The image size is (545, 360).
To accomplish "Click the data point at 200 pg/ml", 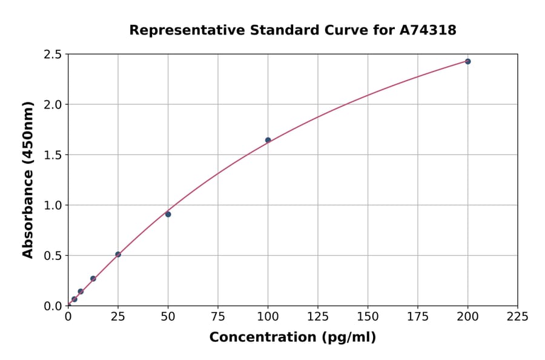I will click(x=467, y=61).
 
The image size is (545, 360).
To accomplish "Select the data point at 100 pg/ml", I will click(x=268, y=140).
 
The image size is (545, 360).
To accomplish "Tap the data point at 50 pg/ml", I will click(x=168, y=214).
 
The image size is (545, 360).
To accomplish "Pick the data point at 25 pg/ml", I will click(x=118, y=255).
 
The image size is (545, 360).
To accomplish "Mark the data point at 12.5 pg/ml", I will click(x=93, y=279).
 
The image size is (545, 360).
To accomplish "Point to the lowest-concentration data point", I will click(x=74, y=299).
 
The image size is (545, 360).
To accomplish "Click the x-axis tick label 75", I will click(x=218, y=316).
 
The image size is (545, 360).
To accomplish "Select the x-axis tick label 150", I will click(x=368, y=316).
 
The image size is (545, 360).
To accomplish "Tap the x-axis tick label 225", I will click(x=517, y=316).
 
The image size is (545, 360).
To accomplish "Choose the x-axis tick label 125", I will click(x=318, y=316).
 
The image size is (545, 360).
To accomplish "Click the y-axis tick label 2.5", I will click(x=53, y=55).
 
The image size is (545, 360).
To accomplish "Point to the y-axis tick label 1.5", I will click(x=53, y=155).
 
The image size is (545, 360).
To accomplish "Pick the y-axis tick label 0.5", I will click(x=53, y=256).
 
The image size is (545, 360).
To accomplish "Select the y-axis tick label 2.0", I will click(x=53, y=105).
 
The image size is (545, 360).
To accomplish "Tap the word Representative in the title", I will click(x=180, y=30).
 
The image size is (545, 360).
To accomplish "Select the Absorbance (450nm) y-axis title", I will click(x=28, y=180).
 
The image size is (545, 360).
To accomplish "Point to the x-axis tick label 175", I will click(x=417, y=316).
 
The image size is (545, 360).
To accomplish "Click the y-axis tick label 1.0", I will click(x=53, y=205).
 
